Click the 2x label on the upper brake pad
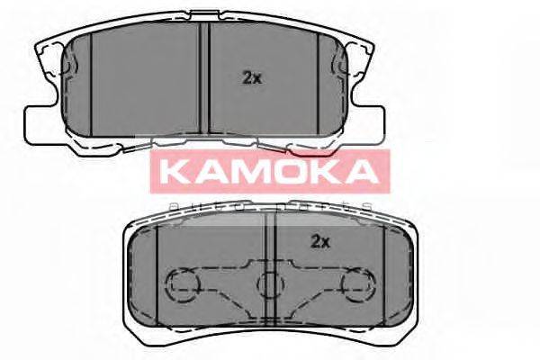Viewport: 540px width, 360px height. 251,78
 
